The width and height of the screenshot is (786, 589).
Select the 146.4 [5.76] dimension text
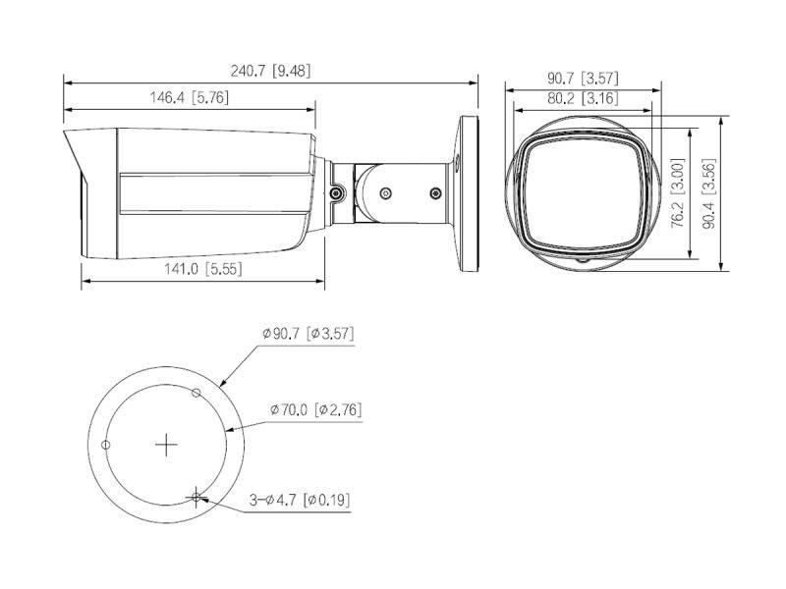click(x=188, y=97)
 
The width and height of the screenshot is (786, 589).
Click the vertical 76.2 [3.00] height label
click(x=677, y=196)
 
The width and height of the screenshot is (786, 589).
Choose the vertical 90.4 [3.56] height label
click(x=709, y=196)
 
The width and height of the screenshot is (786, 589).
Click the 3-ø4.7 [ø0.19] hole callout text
click(x=300, y=500)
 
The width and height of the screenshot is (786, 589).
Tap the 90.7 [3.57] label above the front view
click(x=583, y=77)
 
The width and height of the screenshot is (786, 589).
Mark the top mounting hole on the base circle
click(x=196, y=394)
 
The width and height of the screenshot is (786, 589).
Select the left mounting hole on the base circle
click(x=107, y=445)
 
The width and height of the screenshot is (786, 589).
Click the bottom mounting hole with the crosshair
click(x=197, y=497)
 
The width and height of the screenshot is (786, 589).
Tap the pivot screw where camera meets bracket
click(x=337, y=195)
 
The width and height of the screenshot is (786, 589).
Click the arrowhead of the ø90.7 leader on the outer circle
click(x=222, y=385)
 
